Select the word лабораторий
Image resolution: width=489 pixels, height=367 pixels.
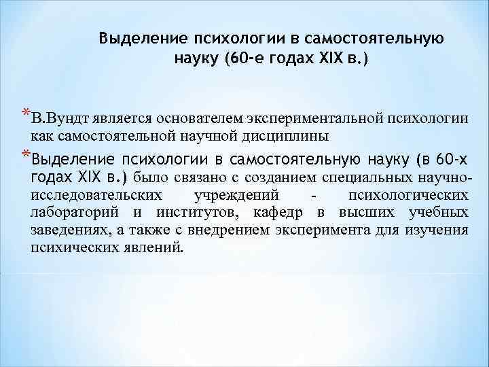pos(74,213)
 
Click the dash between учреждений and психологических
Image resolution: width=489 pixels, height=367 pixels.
pos(312,196)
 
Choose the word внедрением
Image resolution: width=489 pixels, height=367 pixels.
pos(239,230)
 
